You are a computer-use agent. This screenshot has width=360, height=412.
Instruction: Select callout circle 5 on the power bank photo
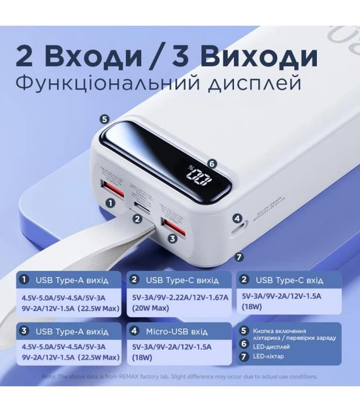coord(103,119)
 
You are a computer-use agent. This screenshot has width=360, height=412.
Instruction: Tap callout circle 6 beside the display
coord(211,163)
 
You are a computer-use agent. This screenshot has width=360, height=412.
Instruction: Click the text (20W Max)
coord(151,307)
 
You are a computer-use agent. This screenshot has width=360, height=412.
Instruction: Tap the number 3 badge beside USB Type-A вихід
coord(24,331)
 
